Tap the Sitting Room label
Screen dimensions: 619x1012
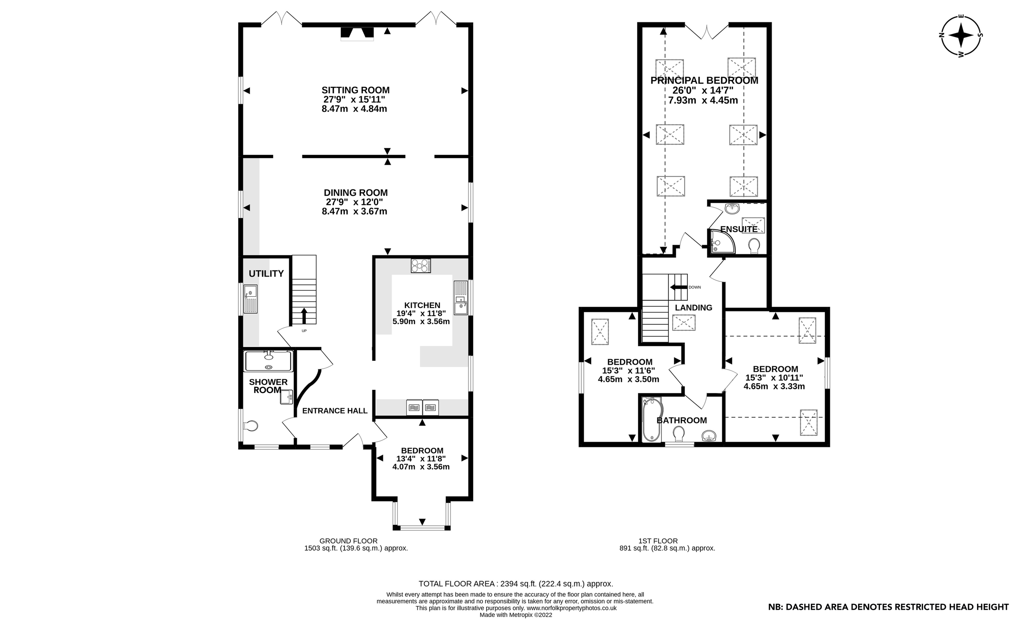355,90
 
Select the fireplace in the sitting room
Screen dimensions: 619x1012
357,33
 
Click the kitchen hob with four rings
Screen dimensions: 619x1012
420,265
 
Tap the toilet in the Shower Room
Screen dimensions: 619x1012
251,426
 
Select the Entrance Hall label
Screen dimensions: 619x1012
335,411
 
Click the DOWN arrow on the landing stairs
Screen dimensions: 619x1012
678,287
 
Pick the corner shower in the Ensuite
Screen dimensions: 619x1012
721,242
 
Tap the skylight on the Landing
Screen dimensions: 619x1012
684,323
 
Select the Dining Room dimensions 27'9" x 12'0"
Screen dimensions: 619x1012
354,202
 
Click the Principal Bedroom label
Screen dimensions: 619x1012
704,81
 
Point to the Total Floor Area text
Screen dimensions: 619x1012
515,584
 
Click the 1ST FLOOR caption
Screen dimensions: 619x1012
658,541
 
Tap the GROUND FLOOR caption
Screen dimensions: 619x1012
348,541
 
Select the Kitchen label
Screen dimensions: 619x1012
422,305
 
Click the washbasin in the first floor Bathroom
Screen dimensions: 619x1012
709,436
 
